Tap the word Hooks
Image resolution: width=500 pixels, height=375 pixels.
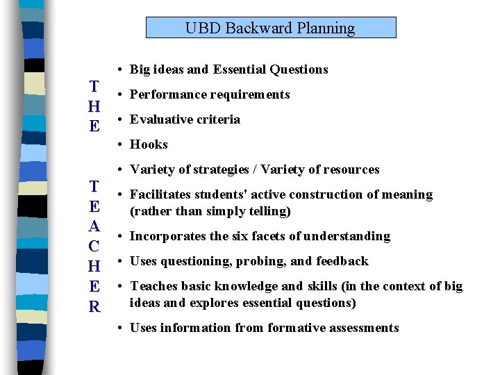click(x=149, y=144)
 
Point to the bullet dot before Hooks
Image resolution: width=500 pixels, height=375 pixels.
click(x=120, y=144)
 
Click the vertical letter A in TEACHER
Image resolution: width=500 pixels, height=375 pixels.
click(x=94, y=226)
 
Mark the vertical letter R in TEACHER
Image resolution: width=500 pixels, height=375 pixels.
click(x=94, y=306)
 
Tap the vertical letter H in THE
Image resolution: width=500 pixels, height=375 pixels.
click(x=94, y=106)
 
